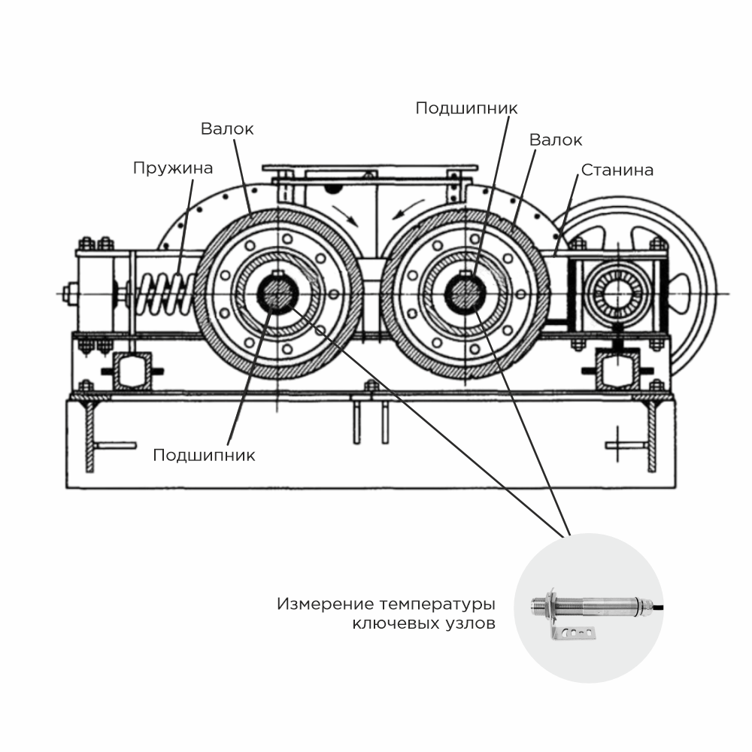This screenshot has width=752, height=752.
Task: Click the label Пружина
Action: (173, 168)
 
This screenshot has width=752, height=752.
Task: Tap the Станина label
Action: (616, 171)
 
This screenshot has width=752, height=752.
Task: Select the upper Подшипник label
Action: (466, 108)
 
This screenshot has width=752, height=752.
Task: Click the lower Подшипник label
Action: (204, 455)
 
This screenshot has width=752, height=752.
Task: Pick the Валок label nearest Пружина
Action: (227, 129)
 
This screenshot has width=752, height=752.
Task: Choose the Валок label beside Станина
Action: (556, 141)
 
